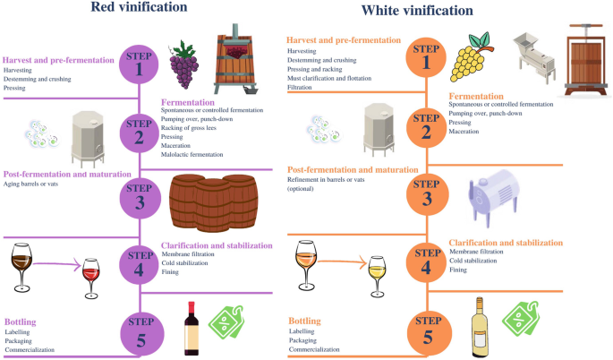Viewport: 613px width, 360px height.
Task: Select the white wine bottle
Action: coord(482,326)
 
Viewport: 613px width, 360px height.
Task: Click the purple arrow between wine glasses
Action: coord(58,265)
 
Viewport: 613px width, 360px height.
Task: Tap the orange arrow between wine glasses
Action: coord(346,262)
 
